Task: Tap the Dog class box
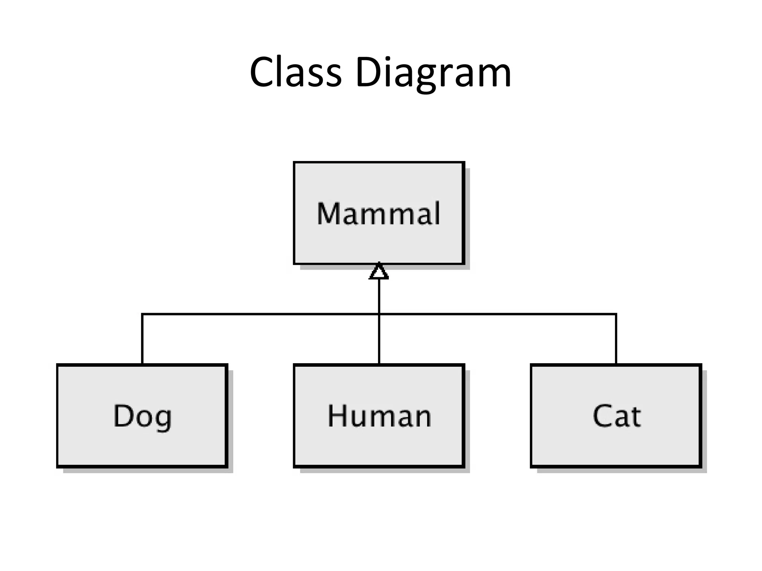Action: coord(142,446)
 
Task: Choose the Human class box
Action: coord(379,446)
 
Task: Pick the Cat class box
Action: coord(616,446)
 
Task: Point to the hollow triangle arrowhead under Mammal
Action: coord(379,272)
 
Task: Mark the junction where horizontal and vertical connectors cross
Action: coord(379,314)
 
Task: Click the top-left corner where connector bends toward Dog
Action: coord(142,314)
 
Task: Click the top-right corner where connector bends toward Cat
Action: coord(616,314)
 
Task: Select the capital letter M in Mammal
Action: coord(329,213)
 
